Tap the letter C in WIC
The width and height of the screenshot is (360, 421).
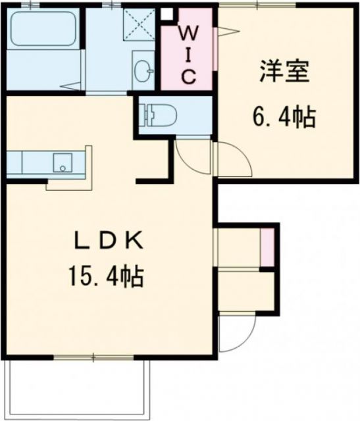tap(188, 77)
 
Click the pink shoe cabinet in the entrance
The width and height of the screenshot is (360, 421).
tap(267, 247)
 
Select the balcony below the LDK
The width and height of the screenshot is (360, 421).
tap(79, 388)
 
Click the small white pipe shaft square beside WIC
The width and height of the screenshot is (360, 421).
tap(167, 13)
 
